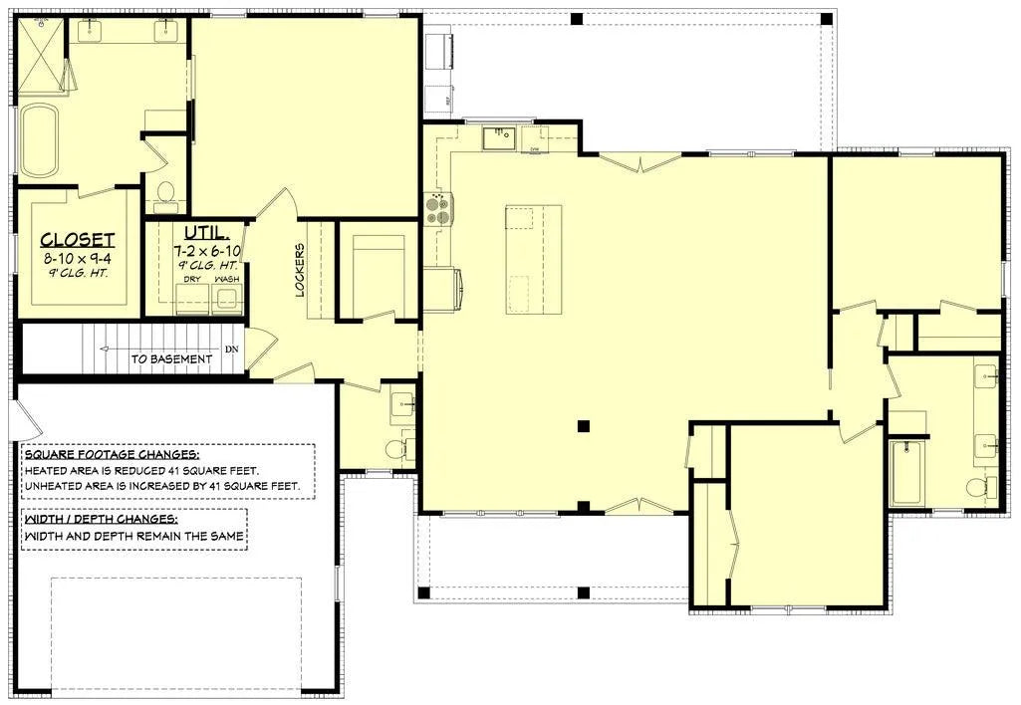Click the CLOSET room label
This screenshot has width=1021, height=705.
point(78,240)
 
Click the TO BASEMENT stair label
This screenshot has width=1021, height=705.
point(171,358)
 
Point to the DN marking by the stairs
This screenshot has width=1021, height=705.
point(232,350)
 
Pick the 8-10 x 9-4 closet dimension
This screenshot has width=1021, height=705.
point(78,257)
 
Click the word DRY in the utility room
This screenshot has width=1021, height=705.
point(192,279)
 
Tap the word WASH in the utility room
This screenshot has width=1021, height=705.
point(226,279)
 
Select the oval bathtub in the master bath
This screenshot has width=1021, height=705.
point(40,140)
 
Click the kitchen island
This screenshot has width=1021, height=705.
point(533,258)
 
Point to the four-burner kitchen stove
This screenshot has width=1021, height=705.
point(438,208)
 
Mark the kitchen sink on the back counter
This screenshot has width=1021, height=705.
point(499,137)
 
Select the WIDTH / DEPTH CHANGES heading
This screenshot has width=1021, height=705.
point(101,519)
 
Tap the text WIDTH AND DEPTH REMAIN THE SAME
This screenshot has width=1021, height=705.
point(133,537)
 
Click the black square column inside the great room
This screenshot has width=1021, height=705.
point(584,427)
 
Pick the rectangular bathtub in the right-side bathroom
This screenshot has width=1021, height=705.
point(907,473)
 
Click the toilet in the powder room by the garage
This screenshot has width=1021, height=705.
point(397,449)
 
